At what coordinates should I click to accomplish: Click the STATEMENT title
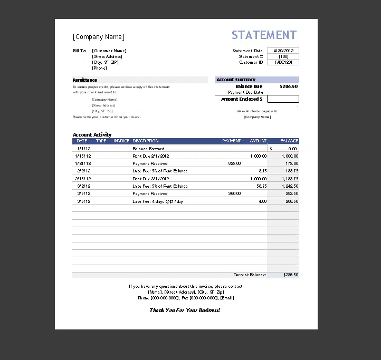264,35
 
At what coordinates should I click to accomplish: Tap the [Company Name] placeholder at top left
99,37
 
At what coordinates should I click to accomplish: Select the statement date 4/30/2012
283,51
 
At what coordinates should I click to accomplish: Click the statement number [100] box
283,56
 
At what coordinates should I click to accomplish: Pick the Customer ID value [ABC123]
283,62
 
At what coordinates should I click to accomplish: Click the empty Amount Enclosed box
283,99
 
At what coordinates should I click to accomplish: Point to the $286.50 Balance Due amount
289,86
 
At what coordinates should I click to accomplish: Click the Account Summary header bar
257,80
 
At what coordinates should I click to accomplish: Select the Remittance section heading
85,80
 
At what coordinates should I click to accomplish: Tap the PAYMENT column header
231,141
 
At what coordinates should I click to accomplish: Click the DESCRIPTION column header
146,141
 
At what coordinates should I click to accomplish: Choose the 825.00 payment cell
234,163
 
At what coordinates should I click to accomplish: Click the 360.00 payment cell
234,193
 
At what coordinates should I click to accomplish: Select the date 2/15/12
83,179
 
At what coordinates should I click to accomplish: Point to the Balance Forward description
148,149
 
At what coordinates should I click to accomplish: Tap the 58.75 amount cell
262,186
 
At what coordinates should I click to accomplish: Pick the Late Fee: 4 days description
158,201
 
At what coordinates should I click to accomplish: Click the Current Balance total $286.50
291,275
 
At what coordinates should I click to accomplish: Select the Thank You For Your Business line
185,310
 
